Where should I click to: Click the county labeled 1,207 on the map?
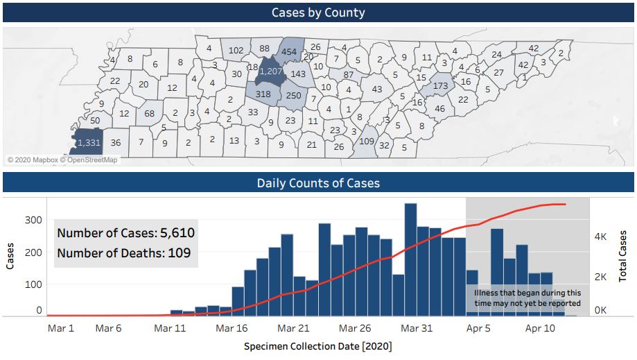coord(271,71)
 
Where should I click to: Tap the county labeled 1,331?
coord(89,142)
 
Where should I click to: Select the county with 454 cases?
coord(290,52)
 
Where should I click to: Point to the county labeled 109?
coord(367,141)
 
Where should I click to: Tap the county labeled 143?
coord(298,74)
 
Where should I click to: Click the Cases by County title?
coord(318,12)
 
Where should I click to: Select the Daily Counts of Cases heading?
coord(318,183)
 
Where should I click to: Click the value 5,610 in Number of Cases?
coord(177,233)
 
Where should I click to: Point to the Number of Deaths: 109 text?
coord(123,253)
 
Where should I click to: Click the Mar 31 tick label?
coord(417,328)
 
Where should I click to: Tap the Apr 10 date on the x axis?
coord(541,328)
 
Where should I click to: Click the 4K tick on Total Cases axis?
coord(601,237)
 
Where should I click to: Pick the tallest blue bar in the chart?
coord(410,259)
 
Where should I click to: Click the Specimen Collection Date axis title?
coord(318,345)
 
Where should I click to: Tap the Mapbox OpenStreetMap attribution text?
coord(62,160)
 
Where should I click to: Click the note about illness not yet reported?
coord(527,298)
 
